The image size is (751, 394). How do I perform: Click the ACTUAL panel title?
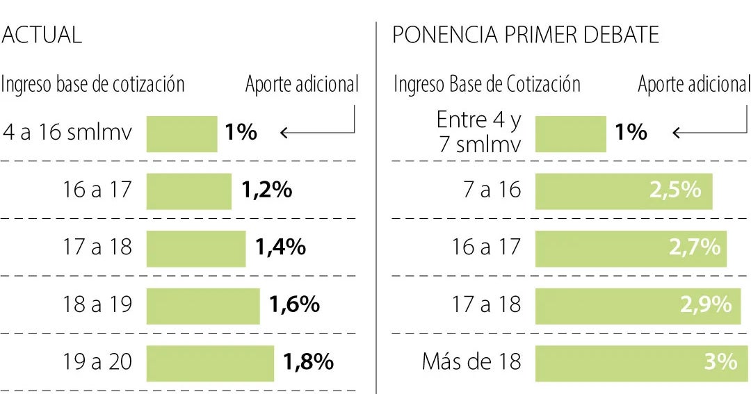tap(42, 35)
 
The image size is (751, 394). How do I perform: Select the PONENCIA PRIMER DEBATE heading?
tap(526, 35)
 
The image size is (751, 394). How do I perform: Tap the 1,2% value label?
tap(267, 190)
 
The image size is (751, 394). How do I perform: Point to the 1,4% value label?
tap(281, 247)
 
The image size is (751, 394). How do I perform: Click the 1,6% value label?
tap(295, 304)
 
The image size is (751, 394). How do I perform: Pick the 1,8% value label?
tap(309, 362)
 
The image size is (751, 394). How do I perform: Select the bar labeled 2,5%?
tap(623, 190)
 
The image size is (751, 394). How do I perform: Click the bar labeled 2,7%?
tap(630, 247)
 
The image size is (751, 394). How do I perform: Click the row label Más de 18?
tap(471, 362)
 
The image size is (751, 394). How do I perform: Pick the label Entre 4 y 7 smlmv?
tap(478, 132)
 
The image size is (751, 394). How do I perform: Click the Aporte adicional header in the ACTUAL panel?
tap(302, 85)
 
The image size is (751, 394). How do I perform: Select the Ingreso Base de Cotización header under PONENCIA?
tap(487, 85)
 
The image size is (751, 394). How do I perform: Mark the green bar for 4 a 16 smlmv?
tap(181, 133)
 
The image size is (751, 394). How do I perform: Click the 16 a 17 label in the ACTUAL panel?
tap(97, 190)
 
